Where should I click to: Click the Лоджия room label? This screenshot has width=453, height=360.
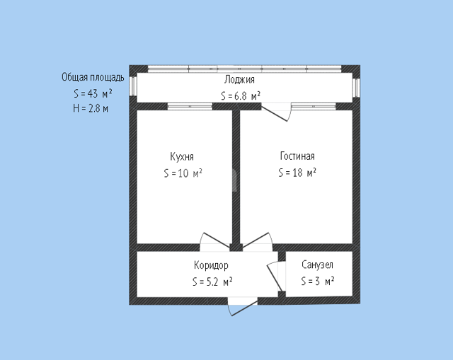click(x=239, y=80)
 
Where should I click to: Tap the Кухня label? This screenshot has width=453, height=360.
click(x=182, y=156)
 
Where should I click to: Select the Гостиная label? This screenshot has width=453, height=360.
click(x=297, y=156)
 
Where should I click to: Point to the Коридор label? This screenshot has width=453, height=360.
click(x=211, y=265)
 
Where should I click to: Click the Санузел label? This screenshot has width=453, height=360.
click(x=318, y=265)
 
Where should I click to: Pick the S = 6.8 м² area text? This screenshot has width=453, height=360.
click(x=241, y=95)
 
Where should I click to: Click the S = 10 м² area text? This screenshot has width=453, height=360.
click(x=183, y=173)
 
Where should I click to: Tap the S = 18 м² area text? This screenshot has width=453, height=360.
click(x=297, y=173)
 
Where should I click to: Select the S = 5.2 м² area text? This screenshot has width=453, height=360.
click(x=212, y=281)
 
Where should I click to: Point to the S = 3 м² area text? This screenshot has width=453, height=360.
click(x=318, y=281)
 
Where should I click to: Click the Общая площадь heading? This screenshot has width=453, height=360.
click(x=93, y=77)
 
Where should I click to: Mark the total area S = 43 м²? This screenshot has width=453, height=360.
click(x=93, y=93)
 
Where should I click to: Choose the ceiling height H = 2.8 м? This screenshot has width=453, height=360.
click(x=91, y=108)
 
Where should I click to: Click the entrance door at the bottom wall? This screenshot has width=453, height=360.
click(x=243, y=306)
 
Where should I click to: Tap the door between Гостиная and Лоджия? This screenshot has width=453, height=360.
click(x=277, y=112)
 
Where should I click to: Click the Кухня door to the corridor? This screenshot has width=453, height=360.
click(x=215, y=242)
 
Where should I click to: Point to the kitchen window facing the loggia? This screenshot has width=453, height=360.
click(x=190, y=107)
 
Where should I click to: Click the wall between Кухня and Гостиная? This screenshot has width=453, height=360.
click(x=236, y=177)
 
